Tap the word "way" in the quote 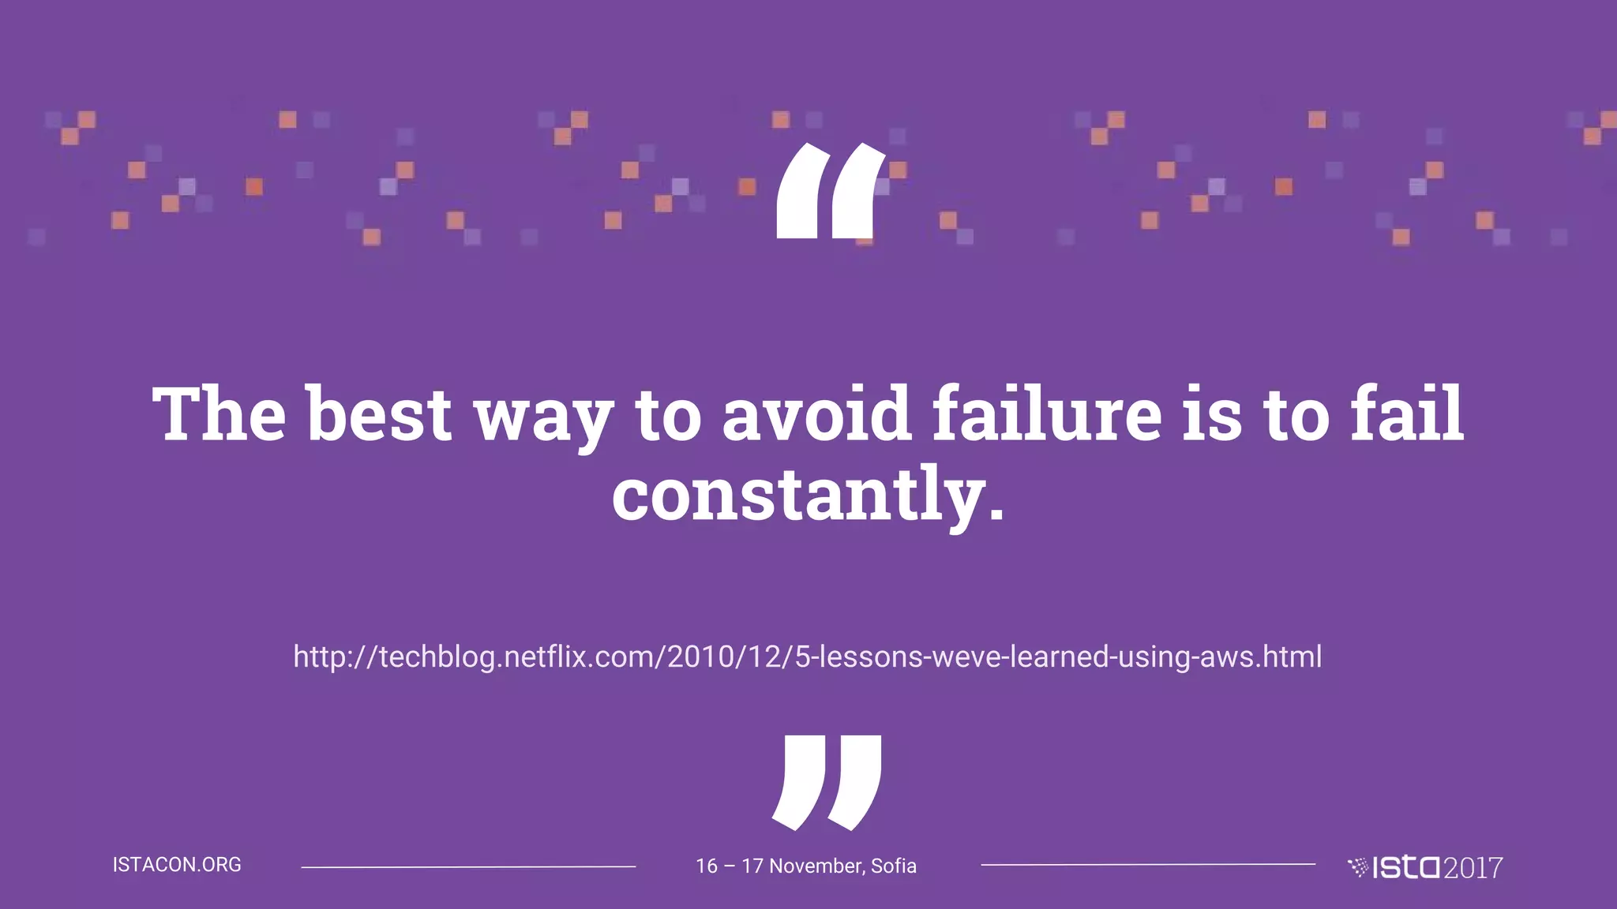543,418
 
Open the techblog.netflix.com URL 807,656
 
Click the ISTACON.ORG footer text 177,865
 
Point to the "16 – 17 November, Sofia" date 805,866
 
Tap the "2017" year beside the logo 1473,868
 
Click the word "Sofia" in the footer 893,866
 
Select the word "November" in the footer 816,866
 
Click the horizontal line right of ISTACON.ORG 468,866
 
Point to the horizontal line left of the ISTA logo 1148,865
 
